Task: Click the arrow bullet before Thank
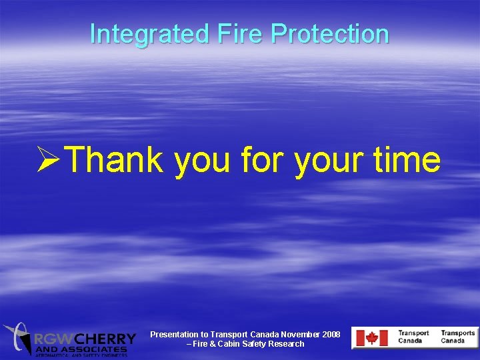click(51, 161)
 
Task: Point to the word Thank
click(115, 161)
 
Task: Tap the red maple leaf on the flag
click(371, 338)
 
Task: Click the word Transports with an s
click(457, 333)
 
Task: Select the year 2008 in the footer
click(329, 334)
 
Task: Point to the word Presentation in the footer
click(173, 334)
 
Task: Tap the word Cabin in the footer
click(231, 344)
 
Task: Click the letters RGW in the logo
click(55, 339)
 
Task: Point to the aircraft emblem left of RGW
click(18, 337)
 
